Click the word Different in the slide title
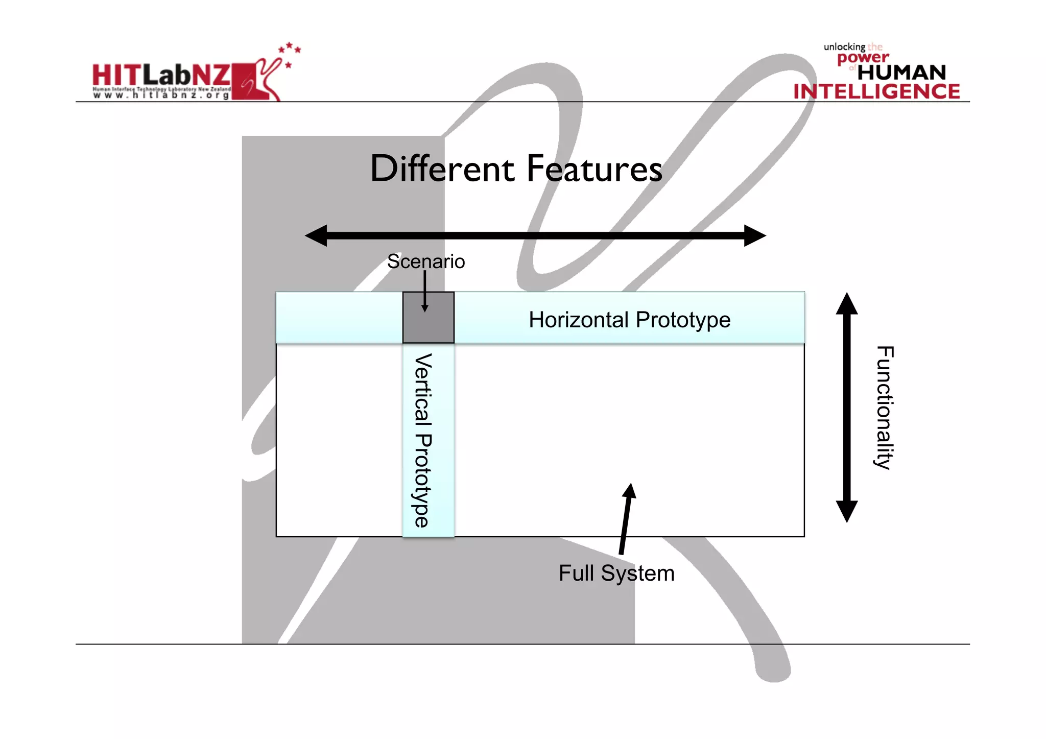click(442, 169)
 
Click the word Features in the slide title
click(595, 170)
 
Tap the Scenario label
click(426, 261)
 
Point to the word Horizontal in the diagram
click(578, 320)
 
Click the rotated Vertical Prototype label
click(423, 440)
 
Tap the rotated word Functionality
click(885, 407)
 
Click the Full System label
click(616, 573)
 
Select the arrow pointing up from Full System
click(626, 518)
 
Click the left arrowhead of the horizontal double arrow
click(317, 235)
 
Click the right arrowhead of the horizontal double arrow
click(754, 235)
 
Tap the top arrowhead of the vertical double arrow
click(846, 304)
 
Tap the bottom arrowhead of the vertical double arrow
click(846, 511)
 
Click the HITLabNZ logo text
click(161, 76)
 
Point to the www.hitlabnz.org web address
click(161, 96)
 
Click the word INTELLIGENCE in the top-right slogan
click(876, 91)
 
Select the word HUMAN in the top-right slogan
click(901, 73)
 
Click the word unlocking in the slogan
click(844, 47)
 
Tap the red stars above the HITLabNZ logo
click(290, 50)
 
